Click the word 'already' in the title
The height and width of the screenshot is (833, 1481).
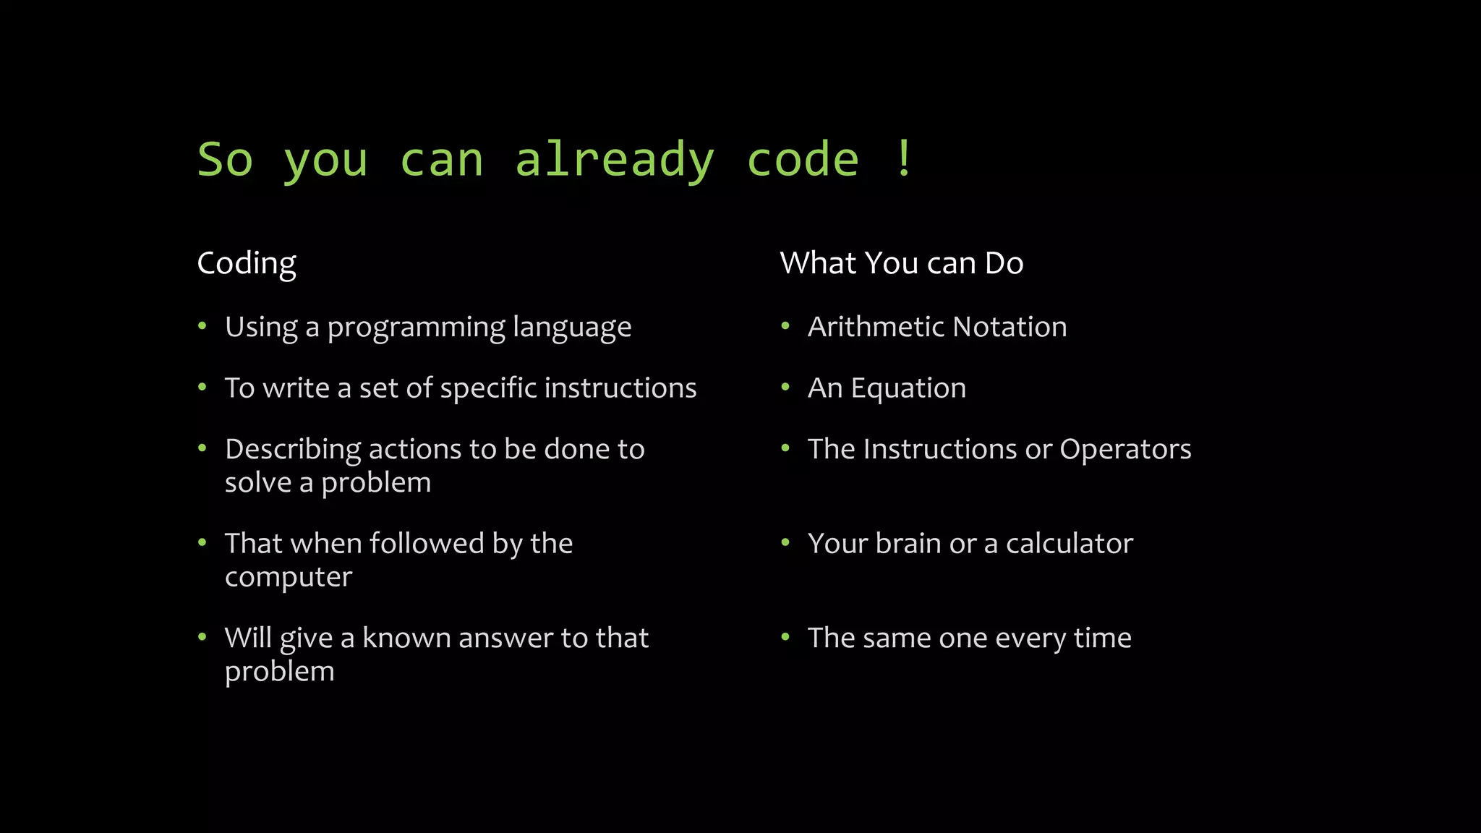pyautogui.click(x=615, y=161)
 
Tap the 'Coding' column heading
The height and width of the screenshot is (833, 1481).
pyautogui.click(x=247, y=263)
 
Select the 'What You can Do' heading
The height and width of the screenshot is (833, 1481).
pyautogui.click(x=901, y=263)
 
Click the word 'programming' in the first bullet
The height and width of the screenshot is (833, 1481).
pyautogui.click(x=416, y=328)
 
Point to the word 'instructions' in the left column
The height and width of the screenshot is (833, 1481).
pyautogui.click(x=620, y=388)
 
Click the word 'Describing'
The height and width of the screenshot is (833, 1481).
pyautogui.click(x=293, y=450)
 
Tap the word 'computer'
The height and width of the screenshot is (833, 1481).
pyautogui.click(x=288, y=577)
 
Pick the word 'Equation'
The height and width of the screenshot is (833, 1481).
pyautogui.click(x=908, y=389)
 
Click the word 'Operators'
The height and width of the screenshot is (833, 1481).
pyautogui.click(x=1124, y=450)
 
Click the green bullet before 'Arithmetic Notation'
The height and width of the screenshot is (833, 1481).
pyautogui.click(x=785, y=326)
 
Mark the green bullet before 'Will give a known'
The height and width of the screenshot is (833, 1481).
pyautogui.click(x=202, y=637)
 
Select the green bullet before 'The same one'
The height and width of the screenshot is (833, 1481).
pyautogui.click(x=785, y=637)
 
